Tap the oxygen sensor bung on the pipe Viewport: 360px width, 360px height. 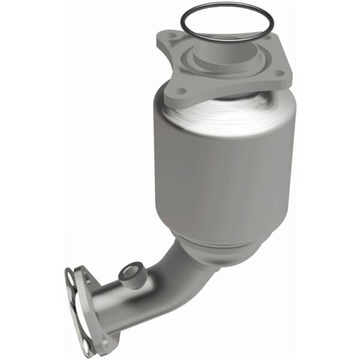point(130,274)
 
